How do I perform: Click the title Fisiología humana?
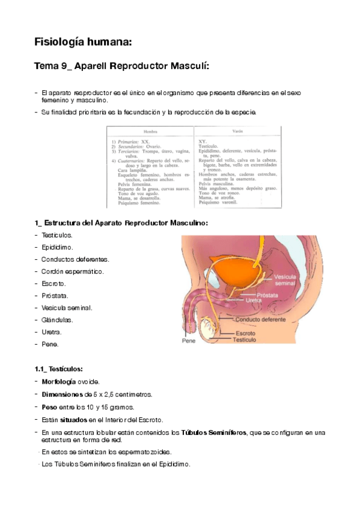click(82, 43)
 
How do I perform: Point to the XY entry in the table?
click(203, 140)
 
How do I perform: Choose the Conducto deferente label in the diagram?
click(261, 319)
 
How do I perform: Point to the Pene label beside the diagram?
click(189, 340)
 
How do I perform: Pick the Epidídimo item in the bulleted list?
click(58, 247)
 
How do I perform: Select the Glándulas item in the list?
click(57, 319)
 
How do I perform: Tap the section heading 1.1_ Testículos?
click(59, 369)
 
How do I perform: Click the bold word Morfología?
click(59, 382)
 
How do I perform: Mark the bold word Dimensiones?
click(62, 395)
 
